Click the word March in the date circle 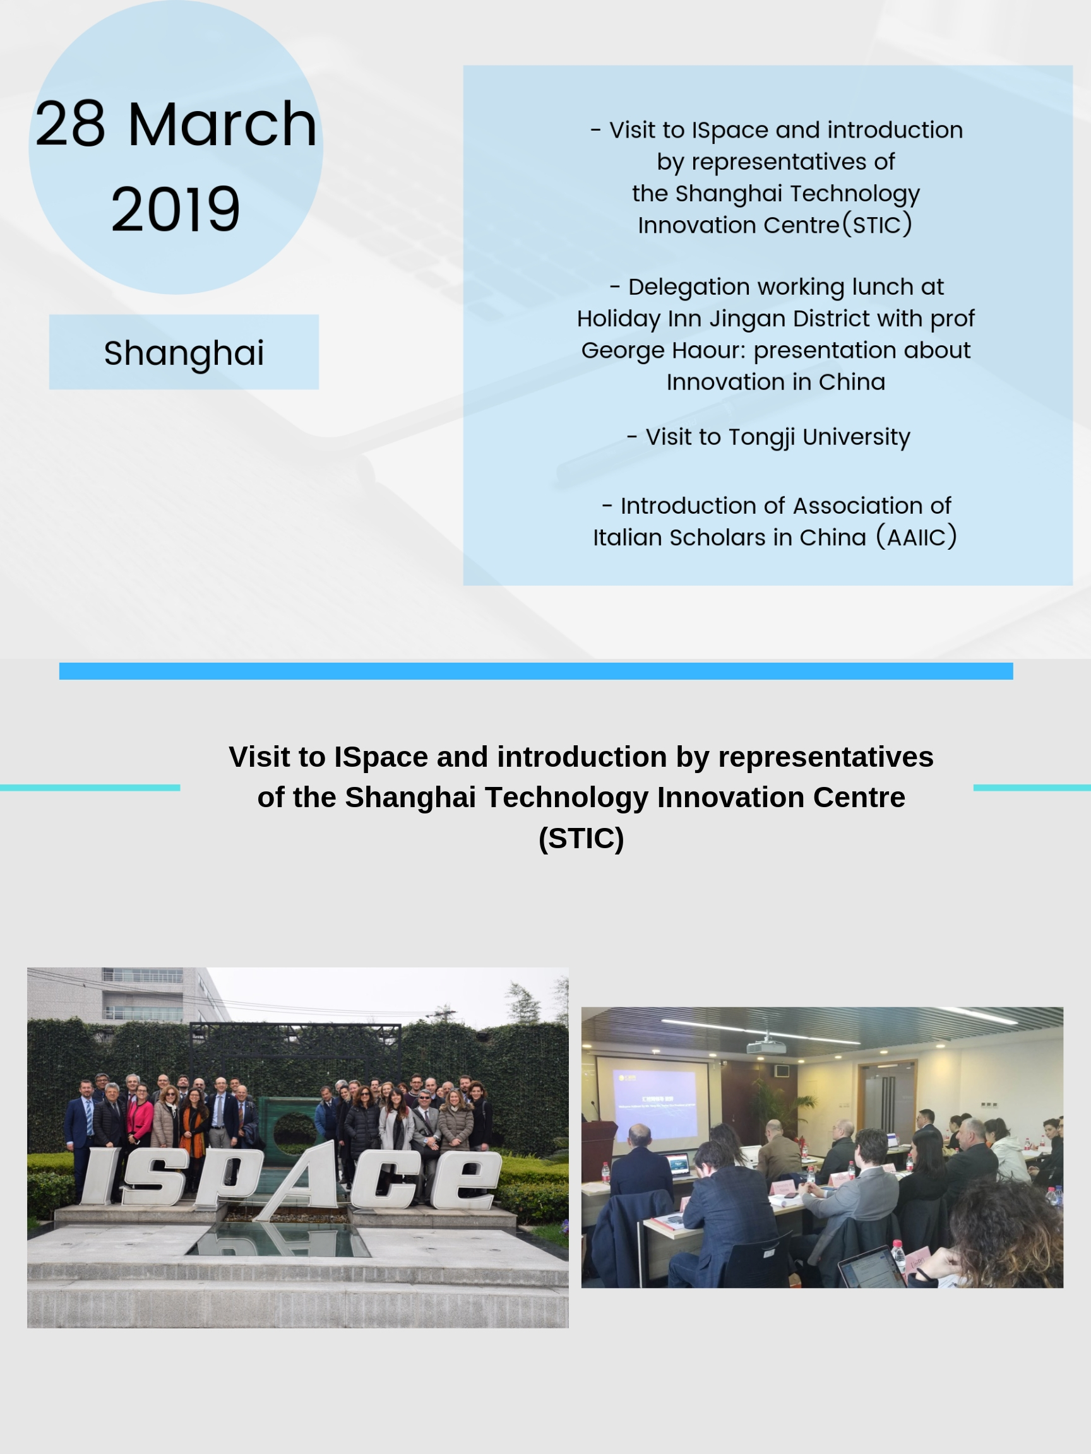[222, 124]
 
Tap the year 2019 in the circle [176, 210]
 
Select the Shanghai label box [184, 352]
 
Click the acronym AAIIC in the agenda [916, 538]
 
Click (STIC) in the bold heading [581, 838]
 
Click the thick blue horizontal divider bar [536, 671]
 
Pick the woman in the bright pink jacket [140, 1121]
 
